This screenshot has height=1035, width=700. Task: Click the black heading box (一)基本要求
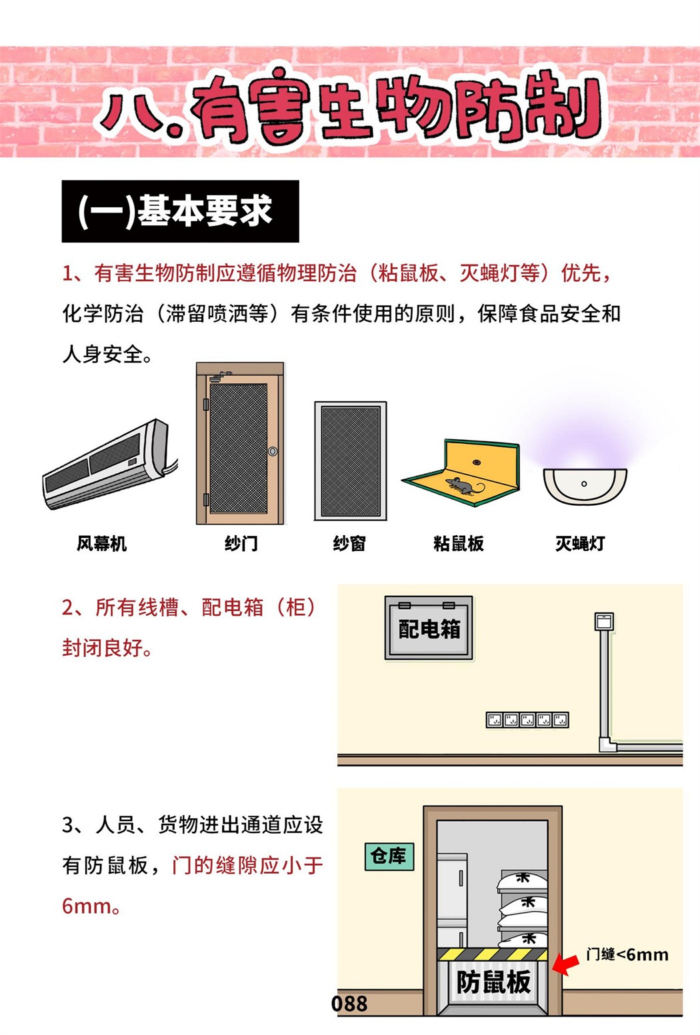coord(180,211)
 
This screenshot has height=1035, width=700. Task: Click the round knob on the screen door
coord(273,451)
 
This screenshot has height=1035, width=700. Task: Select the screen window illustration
coord(351,461)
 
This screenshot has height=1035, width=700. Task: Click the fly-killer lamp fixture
coord(585,486)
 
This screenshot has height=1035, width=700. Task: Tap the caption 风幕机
coord(101,543)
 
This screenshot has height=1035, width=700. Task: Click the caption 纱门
coord(241,543)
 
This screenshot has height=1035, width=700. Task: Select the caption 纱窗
coord(349,543)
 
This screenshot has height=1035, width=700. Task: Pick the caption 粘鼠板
coord(458,543)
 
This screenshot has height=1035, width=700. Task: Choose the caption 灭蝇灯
coord(580,543)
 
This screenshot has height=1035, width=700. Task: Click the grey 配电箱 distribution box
coord(429,628)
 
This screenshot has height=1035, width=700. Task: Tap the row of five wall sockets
coord(527,720)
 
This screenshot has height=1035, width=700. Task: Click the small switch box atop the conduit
coord(604,621)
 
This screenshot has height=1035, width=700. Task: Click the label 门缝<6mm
coord(627,954)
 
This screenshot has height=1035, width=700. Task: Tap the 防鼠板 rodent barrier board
coord(493,982)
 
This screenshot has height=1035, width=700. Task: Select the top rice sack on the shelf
coord(521,882)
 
